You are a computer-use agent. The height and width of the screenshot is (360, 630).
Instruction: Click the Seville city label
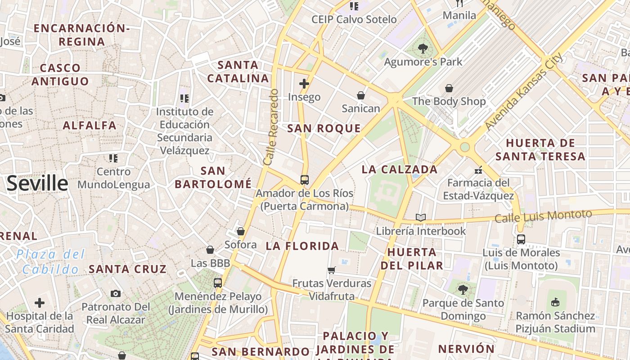tap(37, 184)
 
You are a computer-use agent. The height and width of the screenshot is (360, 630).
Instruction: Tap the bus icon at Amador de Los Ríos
tap(305, 180)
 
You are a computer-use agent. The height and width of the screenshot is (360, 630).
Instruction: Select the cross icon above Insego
tap(304, 84)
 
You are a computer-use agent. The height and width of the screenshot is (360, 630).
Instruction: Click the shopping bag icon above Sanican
tap(361, 95)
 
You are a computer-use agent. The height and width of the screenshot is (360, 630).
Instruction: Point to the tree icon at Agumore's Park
tap(423, 49)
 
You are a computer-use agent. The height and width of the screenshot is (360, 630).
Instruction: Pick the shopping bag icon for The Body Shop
tap(449, 88)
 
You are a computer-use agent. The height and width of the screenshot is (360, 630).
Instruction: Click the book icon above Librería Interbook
tap(421, 218)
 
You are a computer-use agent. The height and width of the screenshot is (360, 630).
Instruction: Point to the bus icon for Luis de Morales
tap(521, 239)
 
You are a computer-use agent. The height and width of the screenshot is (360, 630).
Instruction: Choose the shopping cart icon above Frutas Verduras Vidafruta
tap(332, 270)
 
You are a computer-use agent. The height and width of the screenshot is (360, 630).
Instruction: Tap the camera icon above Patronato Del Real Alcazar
tap(116, 294)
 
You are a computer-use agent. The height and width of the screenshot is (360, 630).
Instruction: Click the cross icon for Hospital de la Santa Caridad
tap(40, 302)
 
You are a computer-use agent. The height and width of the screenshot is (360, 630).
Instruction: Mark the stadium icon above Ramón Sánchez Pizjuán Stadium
tap(555, 302)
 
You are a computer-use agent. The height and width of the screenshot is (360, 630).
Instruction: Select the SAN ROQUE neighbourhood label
tap(324, 129)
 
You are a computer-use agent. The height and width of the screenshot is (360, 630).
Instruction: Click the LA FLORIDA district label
tap(302, 246)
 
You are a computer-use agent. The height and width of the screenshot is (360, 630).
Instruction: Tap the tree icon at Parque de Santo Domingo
tap(463, 290)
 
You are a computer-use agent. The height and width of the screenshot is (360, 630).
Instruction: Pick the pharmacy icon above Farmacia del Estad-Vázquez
tap(478, 170)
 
